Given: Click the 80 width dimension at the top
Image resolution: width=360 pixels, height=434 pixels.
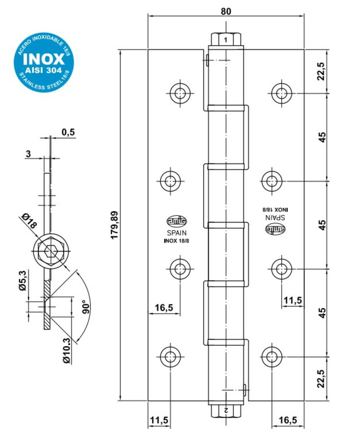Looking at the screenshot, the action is (x=226, y=11).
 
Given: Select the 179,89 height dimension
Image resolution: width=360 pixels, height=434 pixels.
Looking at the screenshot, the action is (x=115, y=225).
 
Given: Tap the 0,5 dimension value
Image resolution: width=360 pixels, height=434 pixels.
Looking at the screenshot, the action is (x=68, y=132).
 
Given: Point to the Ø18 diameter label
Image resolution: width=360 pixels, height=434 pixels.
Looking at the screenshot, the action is (x=30, y=221).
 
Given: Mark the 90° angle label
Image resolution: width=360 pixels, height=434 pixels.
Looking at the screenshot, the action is (x=86, y=307).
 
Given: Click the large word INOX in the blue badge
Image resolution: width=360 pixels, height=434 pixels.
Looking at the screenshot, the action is (x=44, y=59).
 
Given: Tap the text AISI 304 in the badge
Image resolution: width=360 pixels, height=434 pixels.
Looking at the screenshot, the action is (x=43, y=70).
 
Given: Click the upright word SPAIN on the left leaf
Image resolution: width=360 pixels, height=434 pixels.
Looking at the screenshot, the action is (x=177, y=233).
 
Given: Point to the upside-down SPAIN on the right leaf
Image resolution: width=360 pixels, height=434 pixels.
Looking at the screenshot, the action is (x=275, y=217).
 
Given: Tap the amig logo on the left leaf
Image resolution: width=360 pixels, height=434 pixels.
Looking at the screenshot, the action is (x=177, y=221).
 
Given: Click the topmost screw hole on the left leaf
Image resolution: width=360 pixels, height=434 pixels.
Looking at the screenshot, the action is (x=180, y=93).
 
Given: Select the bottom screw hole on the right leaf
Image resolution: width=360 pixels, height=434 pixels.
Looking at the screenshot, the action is (x=272, y=357).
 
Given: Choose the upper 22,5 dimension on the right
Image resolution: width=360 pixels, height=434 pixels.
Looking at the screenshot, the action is (x=321, y=71).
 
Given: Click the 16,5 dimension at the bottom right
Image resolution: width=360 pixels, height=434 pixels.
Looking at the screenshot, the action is (x=288, y=420).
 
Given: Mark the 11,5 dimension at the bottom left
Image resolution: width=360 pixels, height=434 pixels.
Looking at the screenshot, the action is (x=159, y=420).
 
